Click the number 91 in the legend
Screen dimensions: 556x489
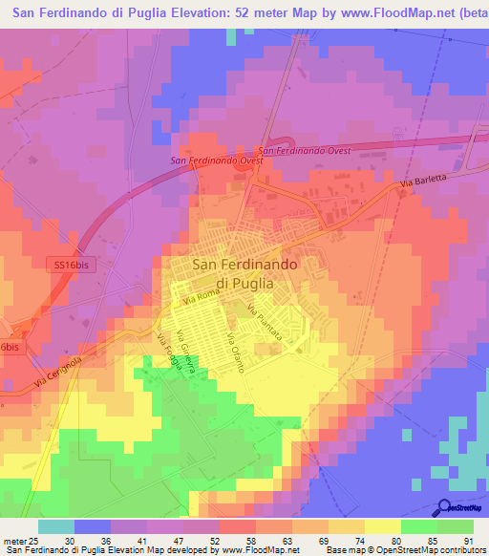tap(468, 540)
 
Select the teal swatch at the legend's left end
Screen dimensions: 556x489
tap(56, 526)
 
